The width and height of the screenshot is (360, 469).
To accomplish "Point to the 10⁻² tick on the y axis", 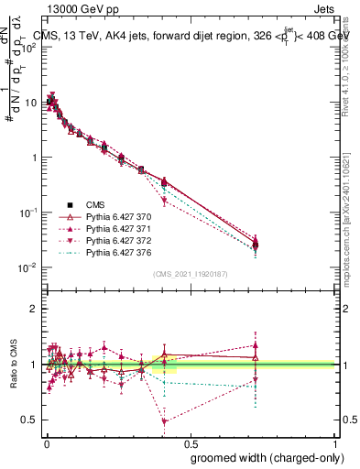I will pyautogui.click(x=28, y=267).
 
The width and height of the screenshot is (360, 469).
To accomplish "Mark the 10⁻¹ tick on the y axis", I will pyautogui.click(x=28, y=213).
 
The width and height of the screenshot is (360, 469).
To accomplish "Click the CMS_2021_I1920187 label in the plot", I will pyautogui.click(x=190, y=274).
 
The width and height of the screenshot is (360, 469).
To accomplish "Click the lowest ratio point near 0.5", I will pyautogui.click(x=164, y=421).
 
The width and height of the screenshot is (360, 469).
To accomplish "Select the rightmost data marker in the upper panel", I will pyautogui.click(x=256, y=245).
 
